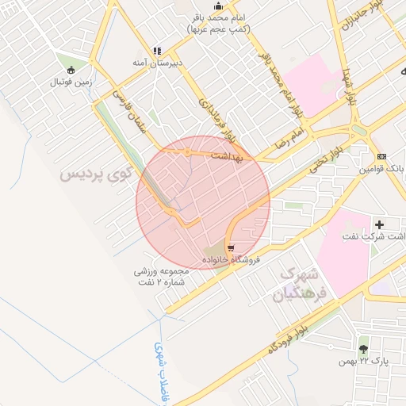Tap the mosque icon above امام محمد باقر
[219, 6]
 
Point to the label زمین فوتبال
[72, 81]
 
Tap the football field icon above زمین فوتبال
[72, 69]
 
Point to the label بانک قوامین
[381, 168]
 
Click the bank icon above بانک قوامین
[381, 156]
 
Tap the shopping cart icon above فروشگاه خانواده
[230, 247]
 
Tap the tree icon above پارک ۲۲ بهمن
[363, 348]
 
